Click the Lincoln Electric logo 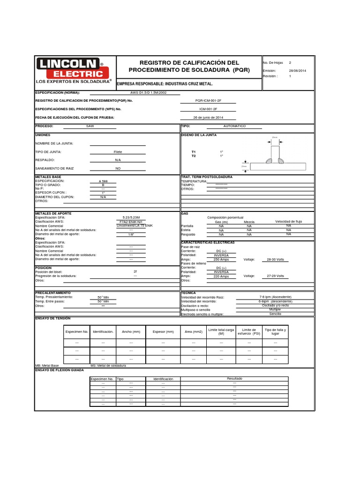(73, 71)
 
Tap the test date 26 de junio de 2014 (208, 117)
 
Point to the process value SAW (90, 127)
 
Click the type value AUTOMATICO (234, 127)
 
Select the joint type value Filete (118, 152)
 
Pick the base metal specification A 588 (103, 181)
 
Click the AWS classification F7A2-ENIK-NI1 (131, 221)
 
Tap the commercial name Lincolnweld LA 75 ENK (135, 225)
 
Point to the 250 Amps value (221, 259)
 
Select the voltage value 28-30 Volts (275, 259)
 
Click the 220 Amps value (221, 276)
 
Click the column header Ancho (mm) (131, 332)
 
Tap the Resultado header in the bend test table (234, 378)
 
